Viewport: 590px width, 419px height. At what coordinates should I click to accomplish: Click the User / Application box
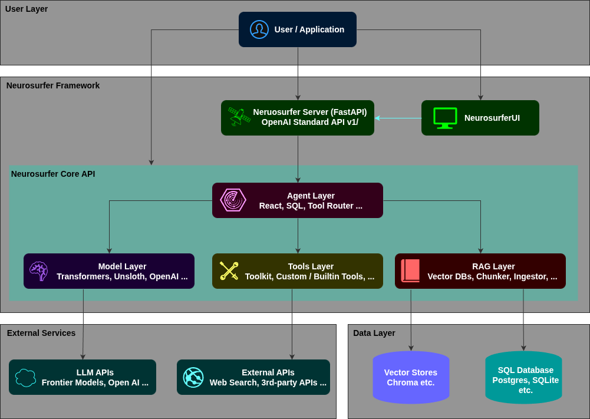(x=298, y=29)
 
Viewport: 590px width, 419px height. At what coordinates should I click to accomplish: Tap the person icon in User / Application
(x=259, y=29)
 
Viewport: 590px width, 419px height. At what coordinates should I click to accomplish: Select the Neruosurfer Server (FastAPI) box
(x=298, y=118)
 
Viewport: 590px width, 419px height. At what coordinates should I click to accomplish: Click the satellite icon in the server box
(x=239, y=117)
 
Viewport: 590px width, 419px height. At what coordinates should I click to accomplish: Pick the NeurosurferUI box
(x=480, y=118)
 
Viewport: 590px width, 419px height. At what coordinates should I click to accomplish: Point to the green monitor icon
(x=445, y=118)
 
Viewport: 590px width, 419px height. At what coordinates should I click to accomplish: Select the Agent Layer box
(x=298, y=200)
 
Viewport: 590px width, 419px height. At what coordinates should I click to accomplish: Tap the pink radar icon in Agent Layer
(x=233, y=200)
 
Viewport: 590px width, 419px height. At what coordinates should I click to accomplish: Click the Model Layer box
(x=109, y=271)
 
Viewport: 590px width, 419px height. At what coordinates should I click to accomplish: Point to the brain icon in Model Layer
(x=39, y=271)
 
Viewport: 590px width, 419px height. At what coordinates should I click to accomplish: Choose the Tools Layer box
(x=298, y=271)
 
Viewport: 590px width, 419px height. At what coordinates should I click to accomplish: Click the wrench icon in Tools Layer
(x=229, y=271)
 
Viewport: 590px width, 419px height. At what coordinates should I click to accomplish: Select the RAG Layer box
(x=480, y=271)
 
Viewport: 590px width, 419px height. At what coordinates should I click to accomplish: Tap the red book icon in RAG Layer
(x=410, y=270)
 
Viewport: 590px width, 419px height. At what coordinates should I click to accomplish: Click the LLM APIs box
(x=83, y=377)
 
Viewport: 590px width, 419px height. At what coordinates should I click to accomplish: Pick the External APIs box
(x=253, y=377)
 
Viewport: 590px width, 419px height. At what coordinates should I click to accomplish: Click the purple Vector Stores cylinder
(x=411, y=377)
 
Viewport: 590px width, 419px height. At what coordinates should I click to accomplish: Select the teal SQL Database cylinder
(x=523, y=377)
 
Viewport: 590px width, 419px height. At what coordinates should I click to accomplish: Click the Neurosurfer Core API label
(x=53, y=174)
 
